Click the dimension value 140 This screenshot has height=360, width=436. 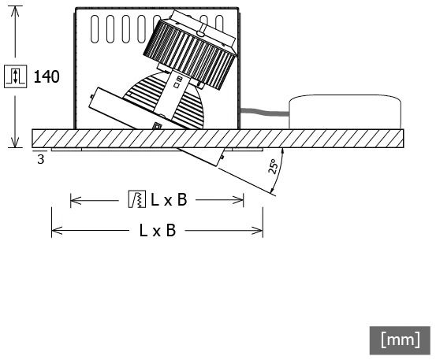[x=47, y=76]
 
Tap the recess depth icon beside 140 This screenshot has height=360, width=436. [x=16, y=76]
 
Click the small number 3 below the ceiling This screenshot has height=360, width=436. [x=40, y=159]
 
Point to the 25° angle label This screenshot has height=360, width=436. [x=273, y=167]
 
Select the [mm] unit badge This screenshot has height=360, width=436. [x=400, y=340]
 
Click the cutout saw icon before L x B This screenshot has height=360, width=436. [x=137, y=199]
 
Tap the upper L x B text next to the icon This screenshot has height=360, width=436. [x=169, y=200]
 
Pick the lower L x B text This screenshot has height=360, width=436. [x=158, y=231]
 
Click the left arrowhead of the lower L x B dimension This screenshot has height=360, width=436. [x=57, y=231]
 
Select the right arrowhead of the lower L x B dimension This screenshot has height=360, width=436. [x=258, y=231]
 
